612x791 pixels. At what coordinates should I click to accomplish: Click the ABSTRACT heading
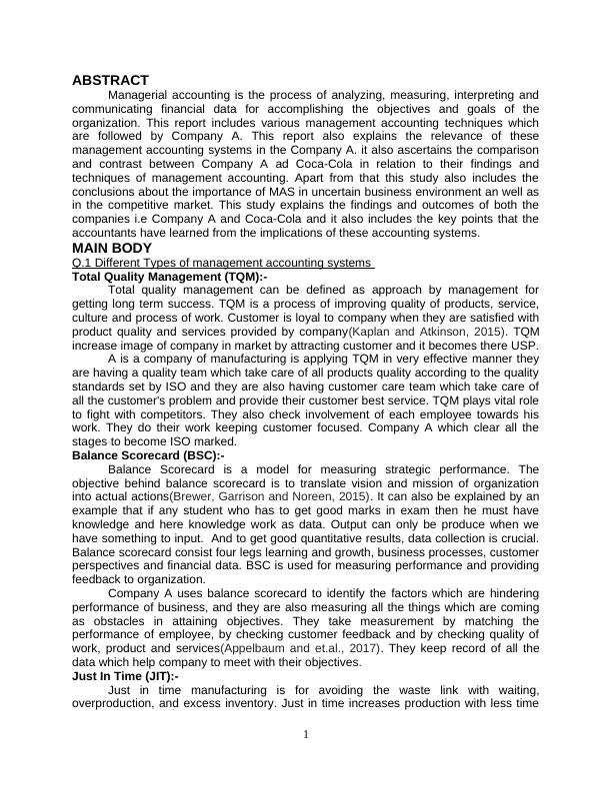tap(110, 80)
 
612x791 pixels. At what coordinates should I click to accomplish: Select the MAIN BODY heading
tap(112, 248)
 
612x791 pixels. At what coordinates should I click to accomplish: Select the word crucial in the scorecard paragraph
tap(519, 537)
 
